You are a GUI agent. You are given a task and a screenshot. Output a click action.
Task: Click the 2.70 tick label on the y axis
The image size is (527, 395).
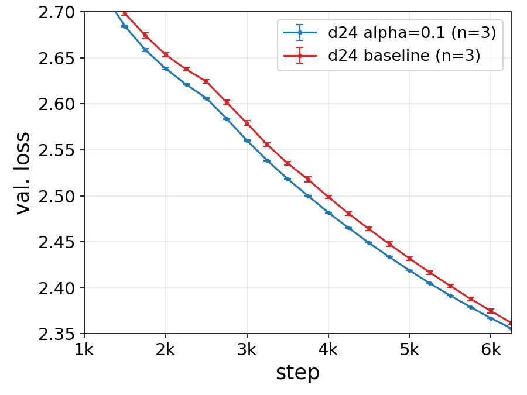(56, 12)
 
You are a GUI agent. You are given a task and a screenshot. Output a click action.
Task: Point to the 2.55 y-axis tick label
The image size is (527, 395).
(56, 150)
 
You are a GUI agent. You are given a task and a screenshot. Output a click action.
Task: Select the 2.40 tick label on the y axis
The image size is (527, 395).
(56, 288)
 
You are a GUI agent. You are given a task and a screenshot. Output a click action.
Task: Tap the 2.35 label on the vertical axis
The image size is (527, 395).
(56, 334)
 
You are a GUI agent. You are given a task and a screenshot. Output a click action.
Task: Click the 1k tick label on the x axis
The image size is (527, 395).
(84, 350)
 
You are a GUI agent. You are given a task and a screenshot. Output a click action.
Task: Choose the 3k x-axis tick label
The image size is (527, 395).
(247, 350)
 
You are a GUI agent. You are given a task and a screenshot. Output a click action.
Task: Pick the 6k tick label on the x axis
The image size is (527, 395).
(491, 350)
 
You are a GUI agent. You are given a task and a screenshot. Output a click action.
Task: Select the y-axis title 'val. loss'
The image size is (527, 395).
(23, 173)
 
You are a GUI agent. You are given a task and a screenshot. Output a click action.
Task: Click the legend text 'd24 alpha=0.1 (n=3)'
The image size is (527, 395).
(412, 33)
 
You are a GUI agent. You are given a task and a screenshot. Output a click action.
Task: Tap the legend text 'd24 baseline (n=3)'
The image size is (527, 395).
(404, 55)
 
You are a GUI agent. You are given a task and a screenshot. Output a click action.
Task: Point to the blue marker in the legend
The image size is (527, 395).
(300, 33)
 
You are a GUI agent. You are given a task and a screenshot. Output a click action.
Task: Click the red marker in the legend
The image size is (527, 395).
(300, 55)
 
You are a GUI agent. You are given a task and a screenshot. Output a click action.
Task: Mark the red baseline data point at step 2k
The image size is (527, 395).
(165, 54)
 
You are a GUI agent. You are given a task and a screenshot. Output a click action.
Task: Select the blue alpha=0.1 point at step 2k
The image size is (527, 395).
(165, 68)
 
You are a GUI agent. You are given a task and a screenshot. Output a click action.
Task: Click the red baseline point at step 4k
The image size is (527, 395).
(328, 197)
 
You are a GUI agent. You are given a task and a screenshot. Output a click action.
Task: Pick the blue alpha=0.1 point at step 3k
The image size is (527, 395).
(247, 140)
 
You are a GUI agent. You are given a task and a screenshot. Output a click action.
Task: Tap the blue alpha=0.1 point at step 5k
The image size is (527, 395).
(409, 270)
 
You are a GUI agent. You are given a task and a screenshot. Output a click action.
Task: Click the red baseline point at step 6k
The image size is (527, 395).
(491, 311)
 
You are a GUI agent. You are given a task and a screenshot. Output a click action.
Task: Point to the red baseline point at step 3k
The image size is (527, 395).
(247, 123)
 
